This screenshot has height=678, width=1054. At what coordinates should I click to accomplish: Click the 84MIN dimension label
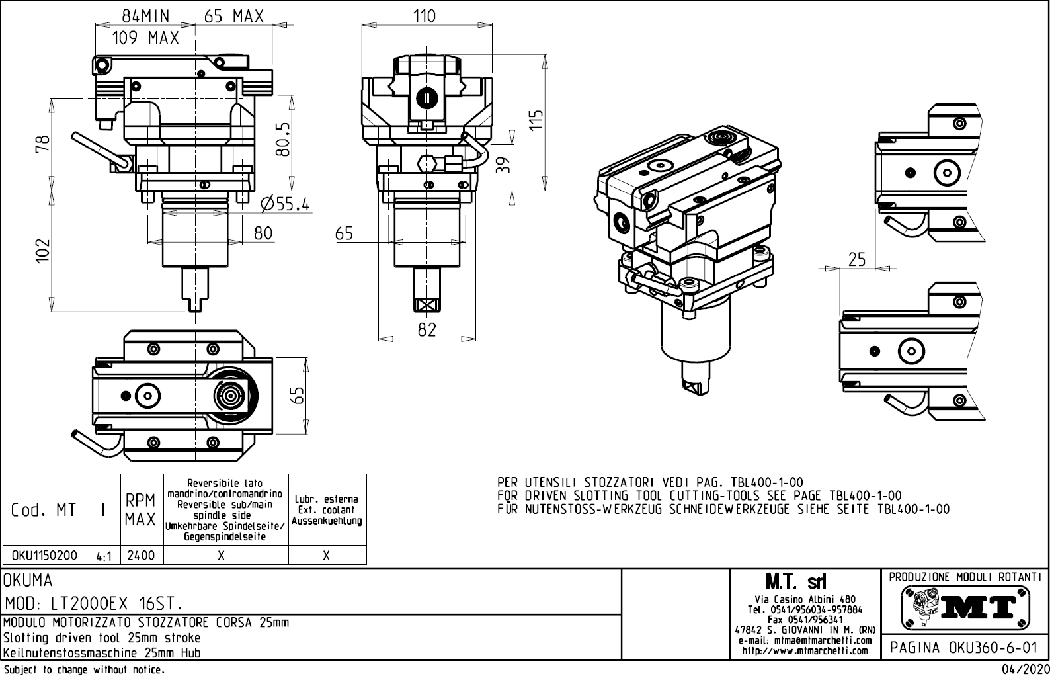tap(145, 16)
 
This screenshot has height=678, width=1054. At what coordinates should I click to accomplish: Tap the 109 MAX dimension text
tap(145, 38)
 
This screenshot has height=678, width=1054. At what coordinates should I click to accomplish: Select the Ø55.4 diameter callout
tap(285, 204)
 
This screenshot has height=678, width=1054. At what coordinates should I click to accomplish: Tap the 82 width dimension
tap(427, 329)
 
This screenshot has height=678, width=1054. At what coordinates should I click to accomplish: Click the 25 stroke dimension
tap(856, 259)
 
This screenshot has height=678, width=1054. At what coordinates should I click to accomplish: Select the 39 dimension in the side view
tap(504, 163)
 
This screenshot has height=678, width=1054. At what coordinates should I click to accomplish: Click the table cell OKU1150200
tap(45, 556)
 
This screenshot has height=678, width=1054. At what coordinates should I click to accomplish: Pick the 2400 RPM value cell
tap(141, 556)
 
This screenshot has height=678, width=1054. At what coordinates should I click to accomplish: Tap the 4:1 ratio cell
tap(104, 556)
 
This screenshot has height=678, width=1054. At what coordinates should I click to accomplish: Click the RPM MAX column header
tap(141, 509)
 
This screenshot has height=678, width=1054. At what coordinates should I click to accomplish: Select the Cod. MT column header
tap(44, 510)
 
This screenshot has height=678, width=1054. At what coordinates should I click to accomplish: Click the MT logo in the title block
tap(966, 607)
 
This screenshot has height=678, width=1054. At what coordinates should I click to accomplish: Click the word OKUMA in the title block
tap(28, 581)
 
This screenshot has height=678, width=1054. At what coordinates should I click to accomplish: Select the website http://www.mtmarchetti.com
tap(805, 651)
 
